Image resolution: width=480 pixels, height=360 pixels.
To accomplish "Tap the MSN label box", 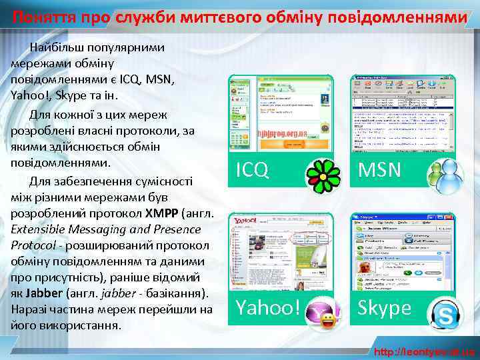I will coord(380,171).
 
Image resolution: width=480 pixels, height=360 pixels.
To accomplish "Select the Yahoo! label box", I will coord(267,308).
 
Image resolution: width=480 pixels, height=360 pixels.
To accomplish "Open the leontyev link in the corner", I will coord(425,351).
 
